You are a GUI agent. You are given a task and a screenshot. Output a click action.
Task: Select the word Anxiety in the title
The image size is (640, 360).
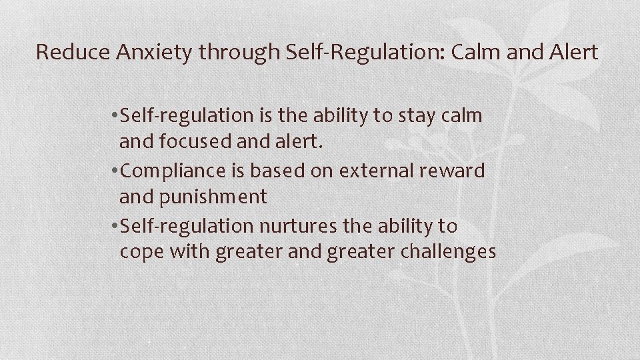[147, 52]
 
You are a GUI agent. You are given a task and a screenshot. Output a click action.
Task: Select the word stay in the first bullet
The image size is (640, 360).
[416, 115]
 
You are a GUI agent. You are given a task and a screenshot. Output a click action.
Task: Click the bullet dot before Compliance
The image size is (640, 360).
[116, 171]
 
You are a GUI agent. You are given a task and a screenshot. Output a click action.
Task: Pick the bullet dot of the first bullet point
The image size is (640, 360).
[116, 116]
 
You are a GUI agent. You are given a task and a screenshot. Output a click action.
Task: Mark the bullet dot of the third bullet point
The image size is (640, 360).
[116, 227]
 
